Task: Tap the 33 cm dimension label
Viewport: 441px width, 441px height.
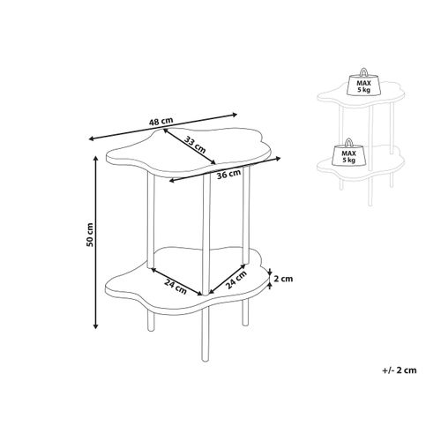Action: tap(196, 144)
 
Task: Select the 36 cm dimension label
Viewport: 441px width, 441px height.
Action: tap(228, 174)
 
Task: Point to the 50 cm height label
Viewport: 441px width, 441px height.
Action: tap(90, 235)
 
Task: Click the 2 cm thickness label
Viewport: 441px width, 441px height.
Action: tap(283, 279)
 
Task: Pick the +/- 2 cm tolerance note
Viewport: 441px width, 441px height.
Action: tap(400, 370)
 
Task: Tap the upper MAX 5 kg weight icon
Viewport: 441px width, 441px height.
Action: tap(363, 82)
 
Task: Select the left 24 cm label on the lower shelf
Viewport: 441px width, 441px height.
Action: tap(176, 286)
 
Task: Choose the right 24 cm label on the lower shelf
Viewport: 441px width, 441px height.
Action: tap(235, 280)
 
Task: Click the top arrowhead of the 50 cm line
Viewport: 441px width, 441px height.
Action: tap(95, 159)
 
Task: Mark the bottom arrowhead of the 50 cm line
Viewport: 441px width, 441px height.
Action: tap(95, 325)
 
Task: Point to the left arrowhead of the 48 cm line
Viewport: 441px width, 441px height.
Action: tap(92, 138)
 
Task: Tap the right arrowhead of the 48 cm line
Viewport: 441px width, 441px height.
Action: tap(234, 115)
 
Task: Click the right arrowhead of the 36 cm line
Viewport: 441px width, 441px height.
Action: tap(278, 159)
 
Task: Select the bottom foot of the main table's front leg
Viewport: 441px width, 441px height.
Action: tap(204, 359)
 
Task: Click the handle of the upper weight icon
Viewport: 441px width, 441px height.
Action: tap(363, 72)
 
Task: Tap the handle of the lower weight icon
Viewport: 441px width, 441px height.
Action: tap(348, 142)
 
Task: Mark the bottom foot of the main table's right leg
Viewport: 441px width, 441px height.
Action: tap(245, 323)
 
